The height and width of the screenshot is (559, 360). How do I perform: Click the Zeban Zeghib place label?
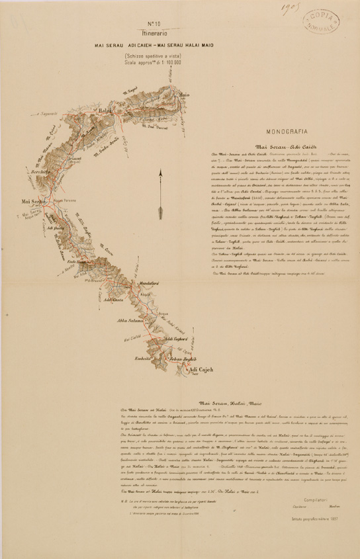point(183,358)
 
